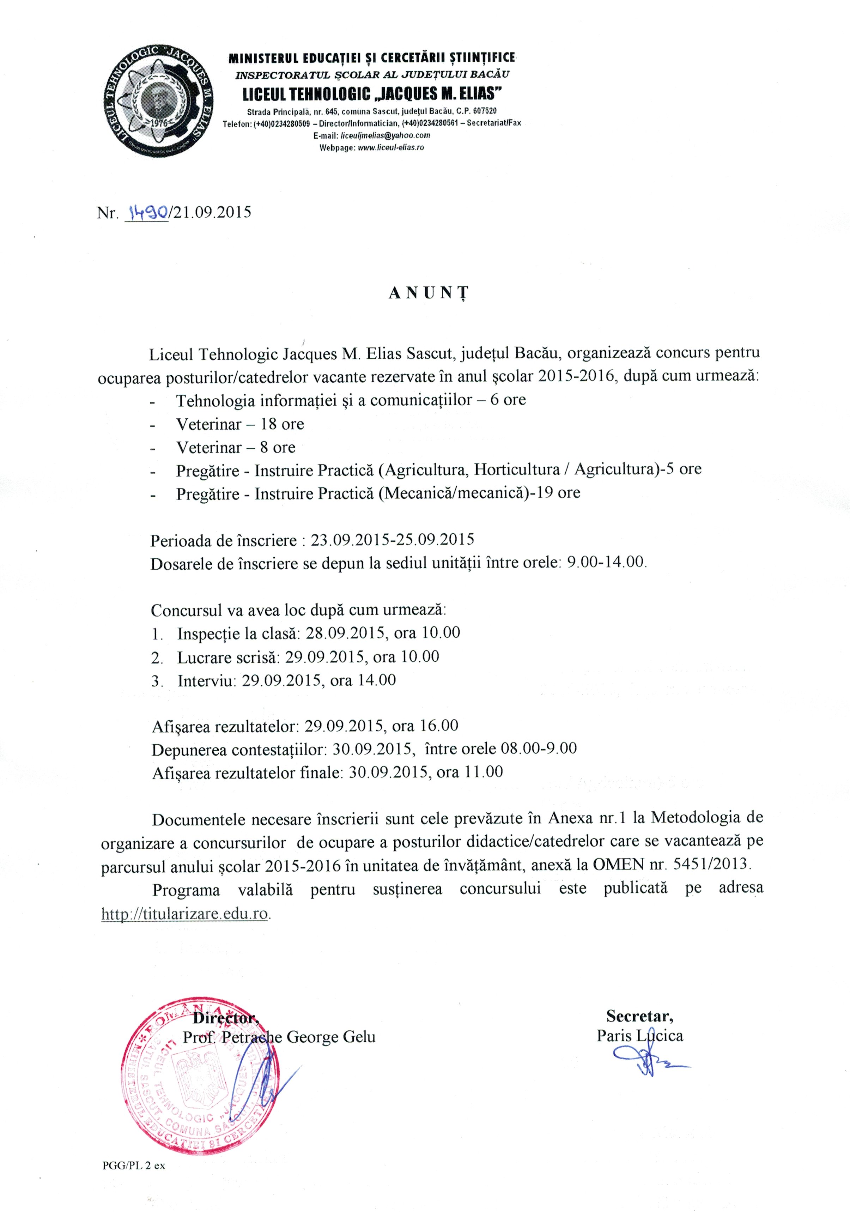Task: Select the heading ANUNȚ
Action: tap(428, 293)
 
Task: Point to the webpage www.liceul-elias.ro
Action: tap(391, 147)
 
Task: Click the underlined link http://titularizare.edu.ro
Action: tap(185, 914)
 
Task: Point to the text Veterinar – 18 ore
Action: tap(240, 424)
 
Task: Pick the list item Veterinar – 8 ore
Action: tap(236, 447)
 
